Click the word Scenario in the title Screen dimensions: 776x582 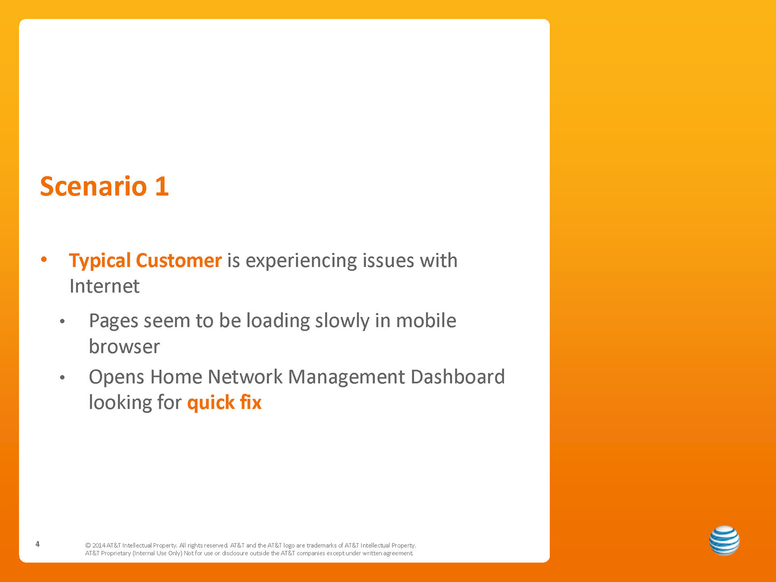[x=93, y=186]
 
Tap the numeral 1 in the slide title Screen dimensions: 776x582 [x=162, y=186]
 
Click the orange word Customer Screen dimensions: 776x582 [x=179, y=260]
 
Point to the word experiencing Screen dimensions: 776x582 [x=301, y=261]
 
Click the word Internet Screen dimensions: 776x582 [x=104, y=286]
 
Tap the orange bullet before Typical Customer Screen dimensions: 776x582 [x=44, y=259]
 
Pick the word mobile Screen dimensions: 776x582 [x=426, y=321]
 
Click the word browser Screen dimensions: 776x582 [x=124, y=346]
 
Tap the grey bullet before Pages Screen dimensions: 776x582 [x=62, y=322]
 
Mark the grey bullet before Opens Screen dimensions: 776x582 [x=62, y=378]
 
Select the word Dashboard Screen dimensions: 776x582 [x=458, y=377]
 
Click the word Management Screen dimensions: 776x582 [x=346, y=377]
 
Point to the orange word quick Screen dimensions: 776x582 [x=211, y=403]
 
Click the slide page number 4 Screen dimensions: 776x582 [x=38, y=544]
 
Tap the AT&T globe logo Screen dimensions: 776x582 [x=724, y=540]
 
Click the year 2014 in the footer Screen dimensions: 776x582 [x=99, y=546]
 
